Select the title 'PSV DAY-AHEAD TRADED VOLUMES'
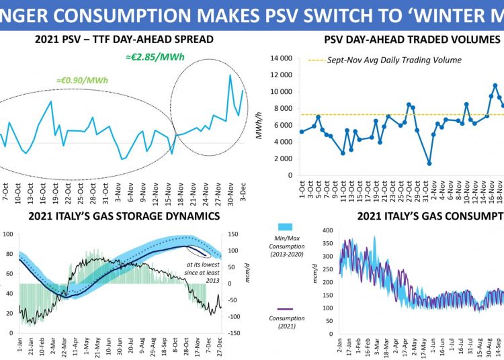(x=412, y=40)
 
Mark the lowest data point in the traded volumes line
(x=429, y=163)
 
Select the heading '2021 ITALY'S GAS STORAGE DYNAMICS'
(x=124, y=216)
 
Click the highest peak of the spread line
(x=230, y=75)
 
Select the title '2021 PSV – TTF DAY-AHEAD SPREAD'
(x=124, y=40)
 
